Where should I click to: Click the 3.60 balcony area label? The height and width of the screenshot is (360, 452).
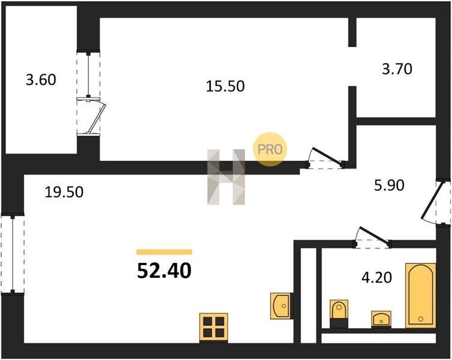[x=41, y=79]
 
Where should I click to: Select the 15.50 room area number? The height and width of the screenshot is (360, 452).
[x=225, y=86]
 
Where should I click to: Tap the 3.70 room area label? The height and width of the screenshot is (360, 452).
[x=397, y=69]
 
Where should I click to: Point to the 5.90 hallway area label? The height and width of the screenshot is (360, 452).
[x=388, y=185]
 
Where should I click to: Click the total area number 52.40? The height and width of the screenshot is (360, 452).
[x=164, y=271]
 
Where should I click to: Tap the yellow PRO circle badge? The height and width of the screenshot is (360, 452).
[x=270, y=148]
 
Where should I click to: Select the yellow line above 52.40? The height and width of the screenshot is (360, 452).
[x=164, y=252]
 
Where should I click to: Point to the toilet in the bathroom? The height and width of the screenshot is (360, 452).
[x=339, y=313]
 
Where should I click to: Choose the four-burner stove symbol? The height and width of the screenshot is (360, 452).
[x=213, y=327]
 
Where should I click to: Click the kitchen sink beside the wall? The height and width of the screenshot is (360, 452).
[x=281, y=305]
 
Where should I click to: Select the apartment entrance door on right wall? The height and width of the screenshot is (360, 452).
[x=437, y=202]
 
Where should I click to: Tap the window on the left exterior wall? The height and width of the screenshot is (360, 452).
[x=12, y=254]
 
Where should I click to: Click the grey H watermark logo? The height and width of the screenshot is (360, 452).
[x=226, y=177]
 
